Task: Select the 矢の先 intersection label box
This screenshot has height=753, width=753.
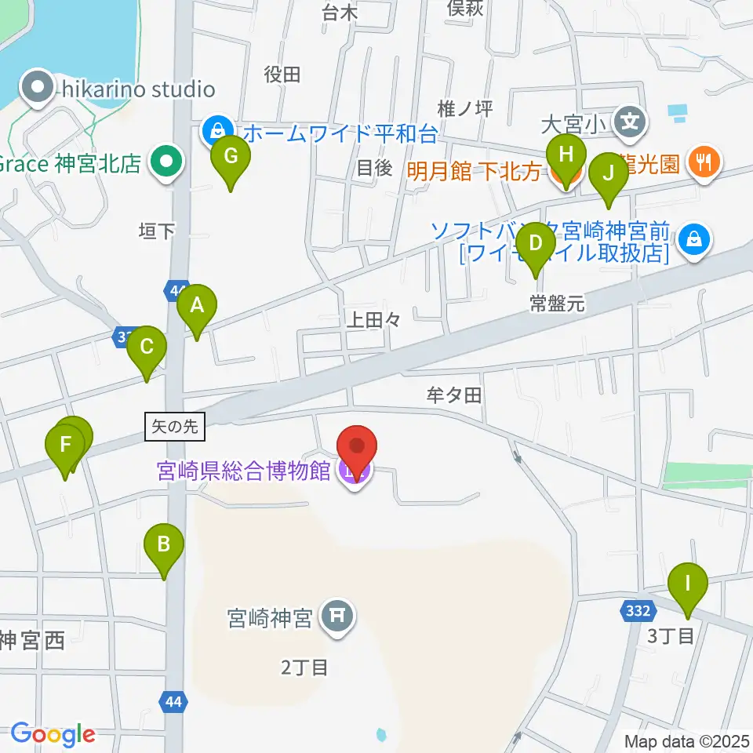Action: tap(175, 427)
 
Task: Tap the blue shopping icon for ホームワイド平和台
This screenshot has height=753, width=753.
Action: tap(216, 129)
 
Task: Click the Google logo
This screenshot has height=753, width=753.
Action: tap(53, 733)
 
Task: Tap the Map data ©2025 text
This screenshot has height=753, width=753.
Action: tap(686, 740)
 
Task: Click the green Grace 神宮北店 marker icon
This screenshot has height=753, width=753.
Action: tap(166, 163)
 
